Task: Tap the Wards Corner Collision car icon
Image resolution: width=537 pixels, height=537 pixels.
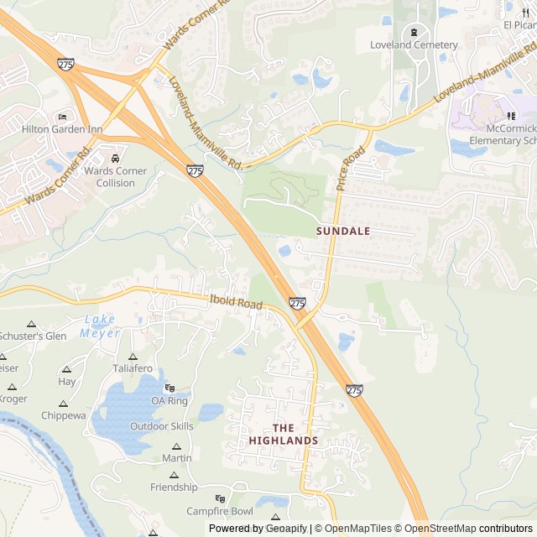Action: [115, 158]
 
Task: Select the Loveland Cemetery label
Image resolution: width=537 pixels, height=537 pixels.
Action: [414, 44]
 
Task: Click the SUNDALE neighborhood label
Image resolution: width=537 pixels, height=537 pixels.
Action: [343, 230]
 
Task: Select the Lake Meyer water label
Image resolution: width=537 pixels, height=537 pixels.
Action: [101, 326]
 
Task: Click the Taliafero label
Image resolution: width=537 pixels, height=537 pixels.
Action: [133, 368]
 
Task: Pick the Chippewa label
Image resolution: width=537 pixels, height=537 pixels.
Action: [64, 415]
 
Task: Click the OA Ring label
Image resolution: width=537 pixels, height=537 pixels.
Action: [169, 401]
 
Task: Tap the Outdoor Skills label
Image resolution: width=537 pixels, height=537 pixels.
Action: [161, 426]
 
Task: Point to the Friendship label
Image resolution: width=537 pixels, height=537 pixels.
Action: [174, 487]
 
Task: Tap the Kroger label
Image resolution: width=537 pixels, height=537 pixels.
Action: [12, 399]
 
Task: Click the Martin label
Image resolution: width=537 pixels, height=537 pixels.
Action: [176, 458]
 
